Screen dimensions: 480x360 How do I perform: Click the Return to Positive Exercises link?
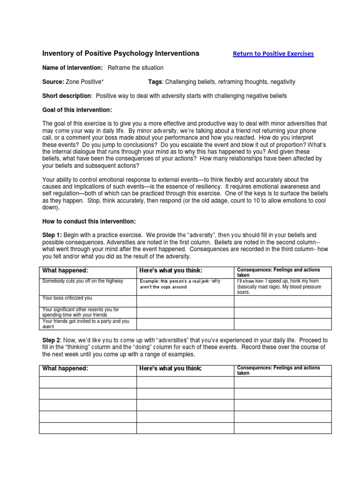coord(273,54)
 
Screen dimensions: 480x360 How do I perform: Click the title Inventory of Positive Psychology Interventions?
coord(121,53)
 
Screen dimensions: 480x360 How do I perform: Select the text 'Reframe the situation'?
coord(136,68)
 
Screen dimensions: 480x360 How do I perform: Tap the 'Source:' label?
coord(53,82)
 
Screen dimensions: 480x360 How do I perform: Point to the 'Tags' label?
coord(155,82)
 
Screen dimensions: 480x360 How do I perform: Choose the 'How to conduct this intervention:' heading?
coord(89,221)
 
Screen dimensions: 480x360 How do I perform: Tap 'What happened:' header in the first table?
coord(65,270)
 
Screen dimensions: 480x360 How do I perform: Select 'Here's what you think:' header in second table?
coord(171,369)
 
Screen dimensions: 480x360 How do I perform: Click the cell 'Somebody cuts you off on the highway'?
coord(82,281)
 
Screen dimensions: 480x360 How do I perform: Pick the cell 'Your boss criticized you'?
coord(67,298)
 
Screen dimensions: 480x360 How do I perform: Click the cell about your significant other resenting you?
coord(81,312)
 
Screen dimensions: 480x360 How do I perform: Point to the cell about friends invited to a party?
coord(85,324)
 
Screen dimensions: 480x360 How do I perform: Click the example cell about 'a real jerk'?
coord(180,284)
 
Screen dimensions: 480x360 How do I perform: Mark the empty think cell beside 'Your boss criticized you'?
coord(185,300)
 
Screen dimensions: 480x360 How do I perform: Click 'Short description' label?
coord(67,96)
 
